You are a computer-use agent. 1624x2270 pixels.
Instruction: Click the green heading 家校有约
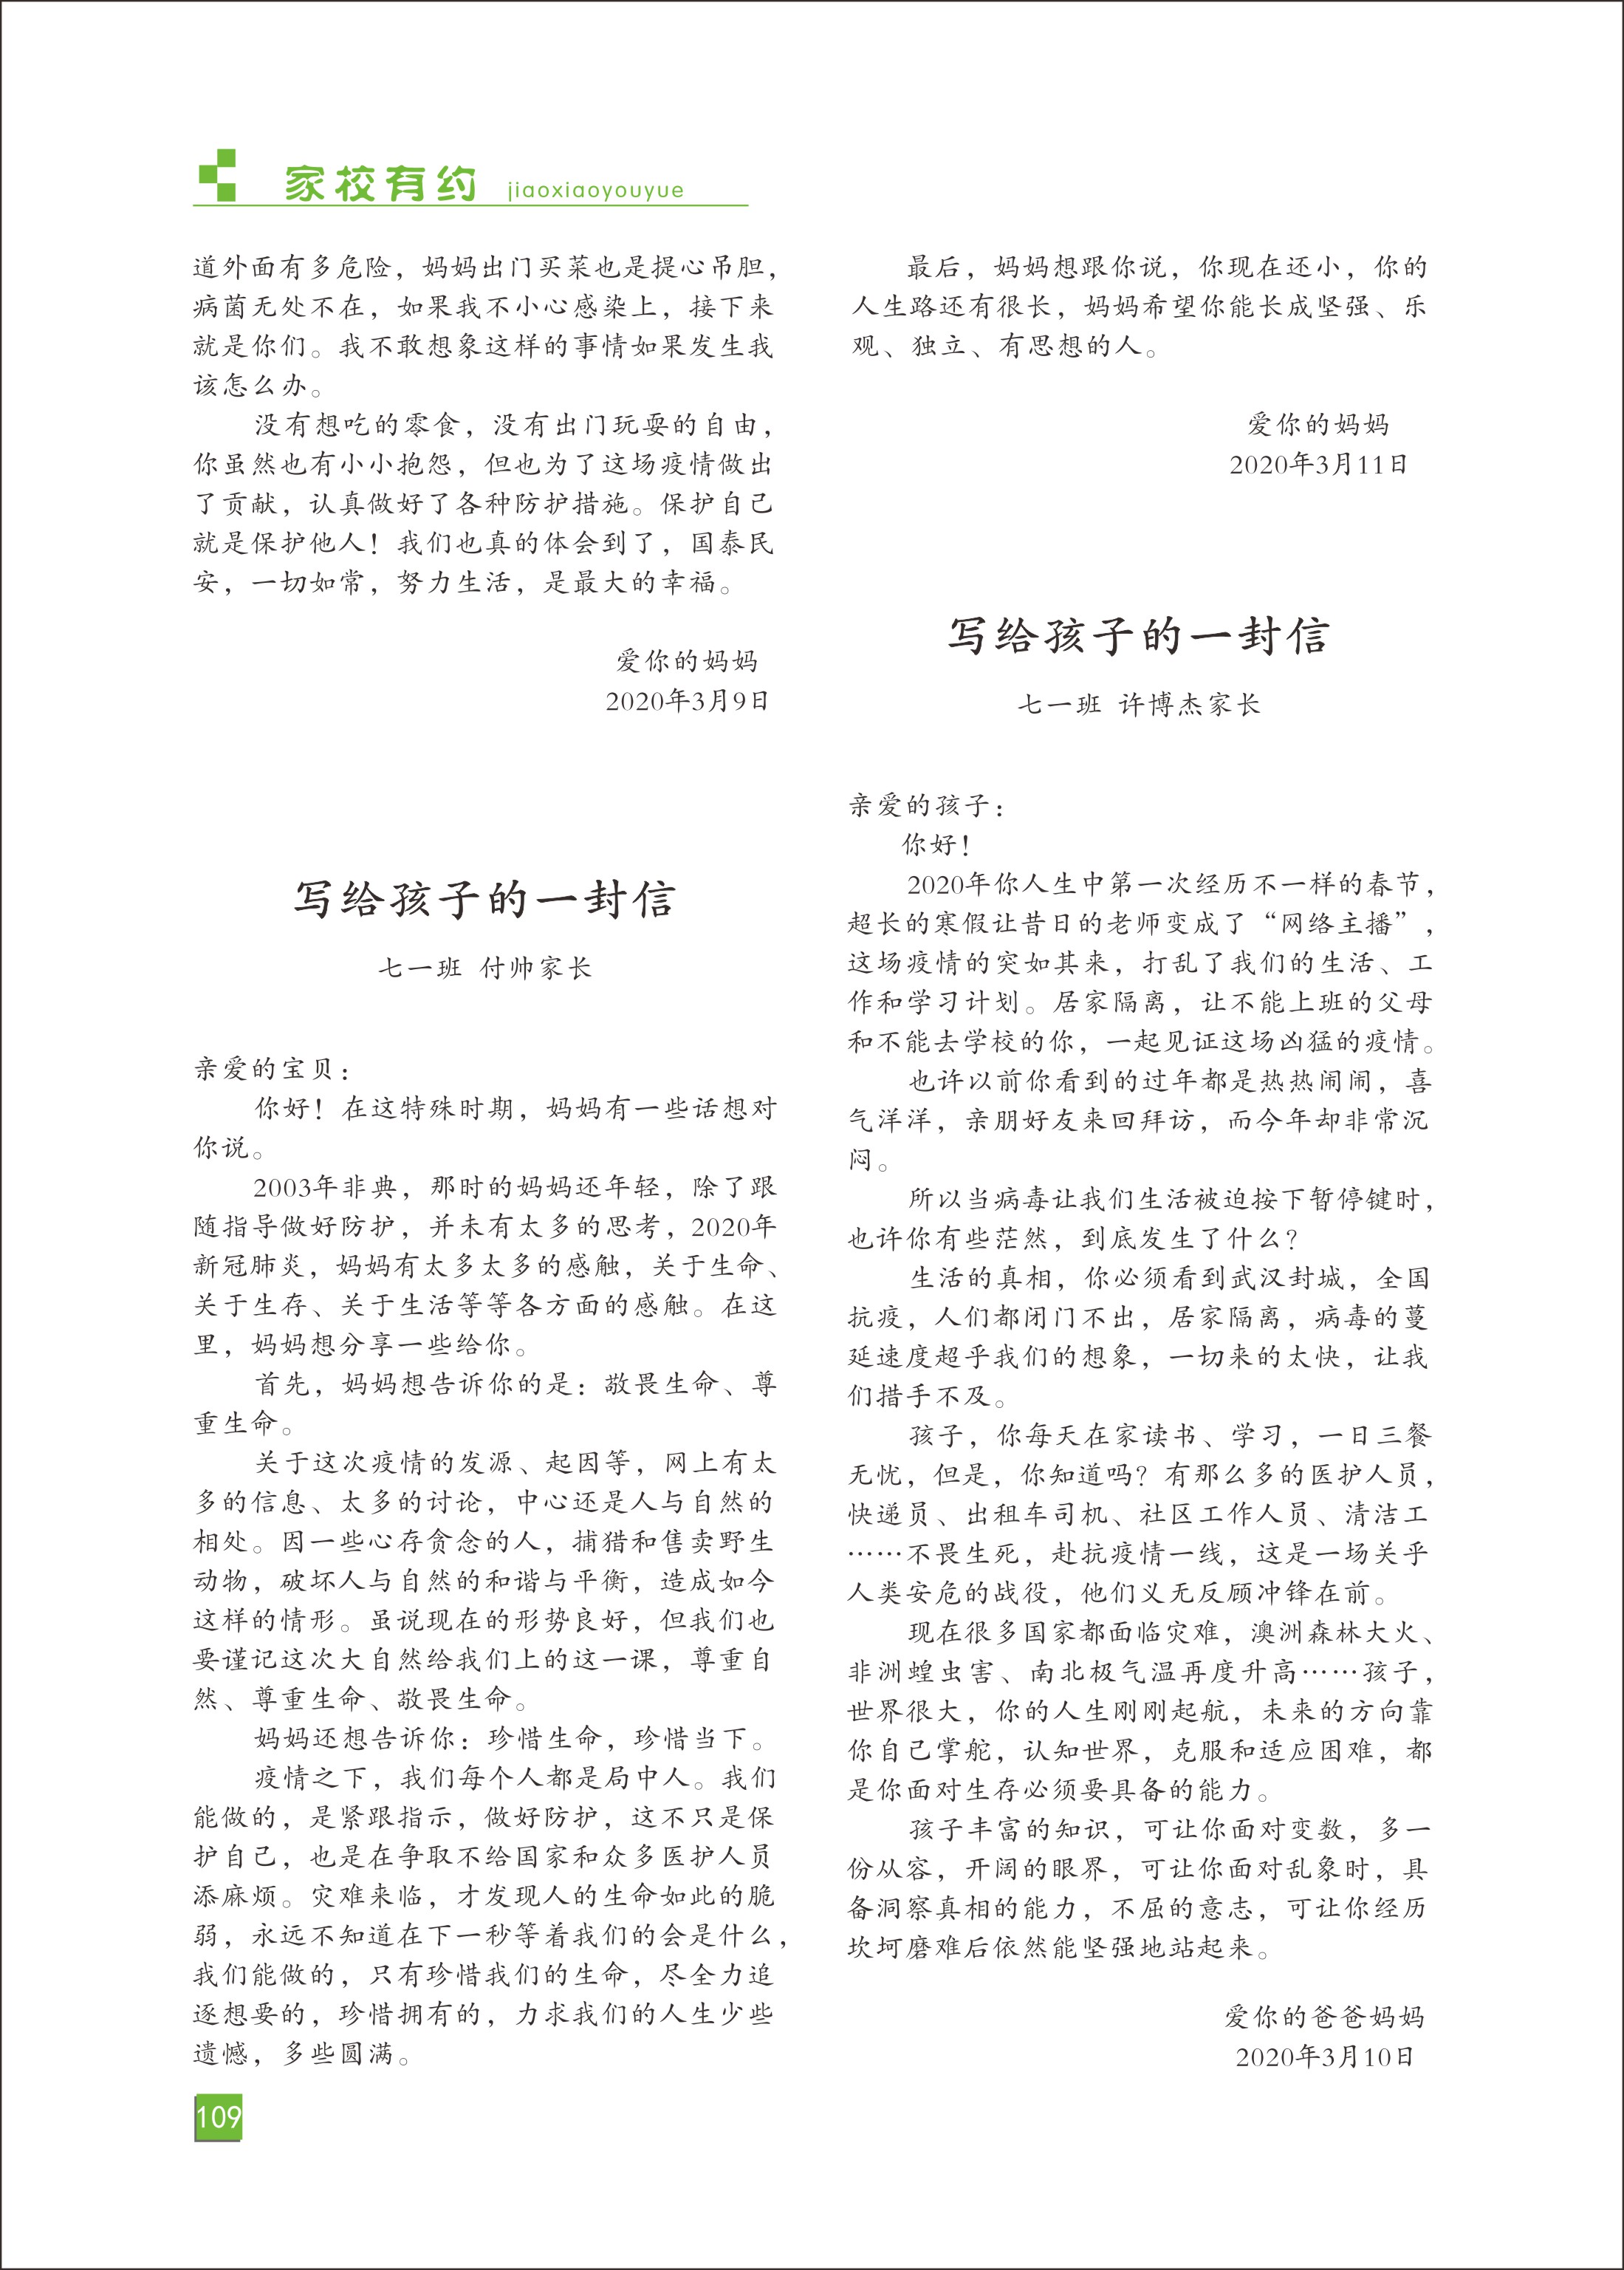tap(380, 185)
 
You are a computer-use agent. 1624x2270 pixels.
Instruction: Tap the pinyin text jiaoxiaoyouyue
tap(595, 190)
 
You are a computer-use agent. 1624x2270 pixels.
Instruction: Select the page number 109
tap(218, 2117)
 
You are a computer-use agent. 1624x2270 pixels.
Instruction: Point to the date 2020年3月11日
tap(1318, 465)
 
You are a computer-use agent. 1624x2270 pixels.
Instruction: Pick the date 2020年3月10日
tap(1324, 2057)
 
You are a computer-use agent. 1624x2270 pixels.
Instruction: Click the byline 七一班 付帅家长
tap(485, 968)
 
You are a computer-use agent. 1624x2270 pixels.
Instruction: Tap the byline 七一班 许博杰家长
tap(1139, 705)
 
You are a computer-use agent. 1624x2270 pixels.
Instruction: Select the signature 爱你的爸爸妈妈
tap(1324, 2017)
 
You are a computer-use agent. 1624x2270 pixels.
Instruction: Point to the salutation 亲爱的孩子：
tap(927, 806)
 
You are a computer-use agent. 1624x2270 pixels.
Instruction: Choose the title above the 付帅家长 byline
tap(485, 899)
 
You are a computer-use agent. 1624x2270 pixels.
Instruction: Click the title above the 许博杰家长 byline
tap(1139, 636)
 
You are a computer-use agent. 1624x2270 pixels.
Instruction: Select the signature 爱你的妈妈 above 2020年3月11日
tap(1318, 425)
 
